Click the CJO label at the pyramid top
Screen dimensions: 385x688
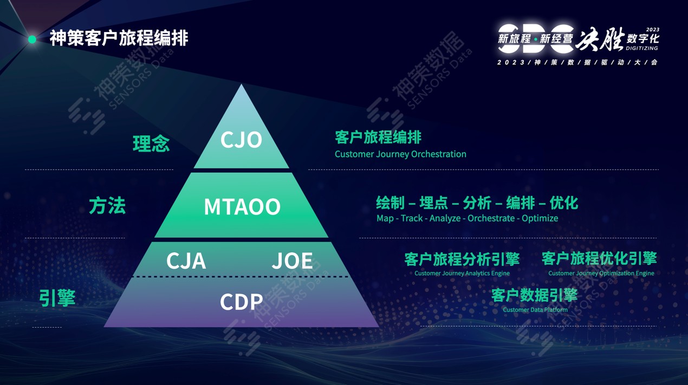coord(242,140)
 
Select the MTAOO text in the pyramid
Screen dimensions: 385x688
coord(242,207)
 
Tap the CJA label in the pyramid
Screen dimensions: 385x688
coord(186,261)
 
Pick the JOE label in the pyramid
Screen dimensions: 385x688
coord(292,261)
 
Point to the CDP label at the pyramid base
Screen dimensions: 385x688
coord(242,302)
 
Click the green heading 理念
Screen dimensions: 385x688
coord(151,143)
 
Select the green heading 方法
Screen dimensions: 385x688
coord(107,206)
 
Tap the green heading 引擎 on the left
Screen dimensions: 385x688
coord(57,298)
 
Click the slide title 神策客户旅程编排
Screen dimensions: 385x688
coord(119,38)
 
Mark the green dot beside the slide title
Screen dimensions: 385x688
coord(32,40)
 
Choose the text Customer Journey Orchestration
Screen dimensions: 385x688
coord(400,154)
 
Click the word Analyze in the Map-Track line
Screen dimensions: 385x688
coord(445,219)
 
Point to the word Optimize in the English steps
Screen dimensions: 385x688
coord(540,219)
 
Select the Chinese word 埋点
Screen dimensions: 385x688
coord(433,203)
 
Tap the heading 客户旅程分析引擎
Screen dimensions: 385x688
coord(462,259)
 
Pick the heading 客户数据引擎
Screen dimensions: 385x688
coord(534,295)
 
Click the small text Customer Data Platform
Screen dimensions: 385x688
coord(535,310)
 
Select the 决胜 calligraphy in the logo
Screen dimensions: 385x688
coord(600,38)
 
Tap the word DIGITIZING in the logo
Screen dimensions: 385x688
coord(642,48)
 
